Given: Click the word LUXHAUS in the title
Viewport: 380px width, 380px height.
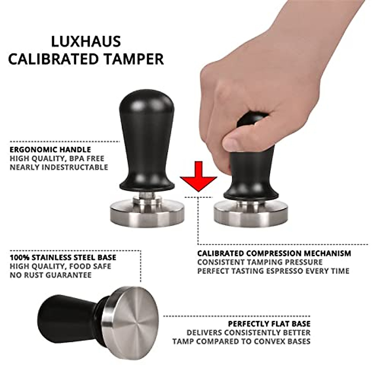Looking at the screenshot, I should pos(86,41).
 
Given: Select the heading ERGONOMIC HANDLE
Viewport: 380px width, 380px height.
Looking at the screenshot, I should pos(50,150).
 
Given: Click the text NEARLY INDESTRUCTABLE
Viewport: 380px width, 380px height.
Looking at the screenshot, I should pos(59,167).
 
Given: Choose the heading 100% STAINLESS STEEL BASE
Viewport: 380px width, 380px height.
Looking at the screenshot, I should pos(63,257).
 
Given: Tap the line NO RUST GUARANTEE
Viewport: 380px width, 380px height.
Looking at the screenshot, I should pos(51,275).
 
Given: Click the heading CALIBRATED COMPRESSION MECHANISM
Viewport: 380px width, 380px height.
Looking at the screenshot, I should pos(274,253).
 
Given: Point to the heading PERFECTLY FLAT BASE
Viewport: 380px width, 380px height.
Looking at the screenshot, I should pos(269,324).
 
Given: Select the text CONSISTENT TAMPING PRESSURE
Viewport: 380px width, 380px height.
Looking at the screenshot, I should pos(260,262).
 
